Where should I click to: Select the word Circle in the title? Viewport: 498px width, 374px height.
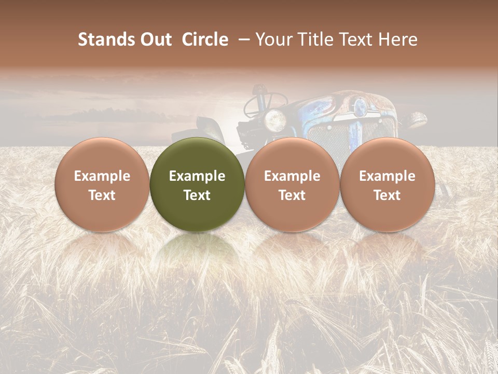pyautogui.click(x=205, y=39)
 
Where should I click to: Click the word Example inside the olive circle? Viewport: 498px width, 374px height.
pyautogui.click(x=197, y=176)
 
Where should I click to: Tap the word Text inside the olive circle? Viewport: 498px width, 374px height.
pyautogui.click(x=197, y=195)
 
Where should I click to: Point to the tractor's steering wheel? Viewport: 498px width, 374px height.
pyautogui.click(x=262, y=101)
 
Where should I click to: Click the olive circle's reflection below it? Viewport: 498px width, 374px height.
pyautogui.click(x=197, y=249)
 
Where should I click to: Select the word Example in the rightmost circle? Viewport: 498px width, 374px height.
pyautogui.click(x=388, y=176)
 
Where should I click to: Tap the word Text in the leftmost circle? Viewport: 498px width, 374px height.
pyautogui.click(x=102, y=195)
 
